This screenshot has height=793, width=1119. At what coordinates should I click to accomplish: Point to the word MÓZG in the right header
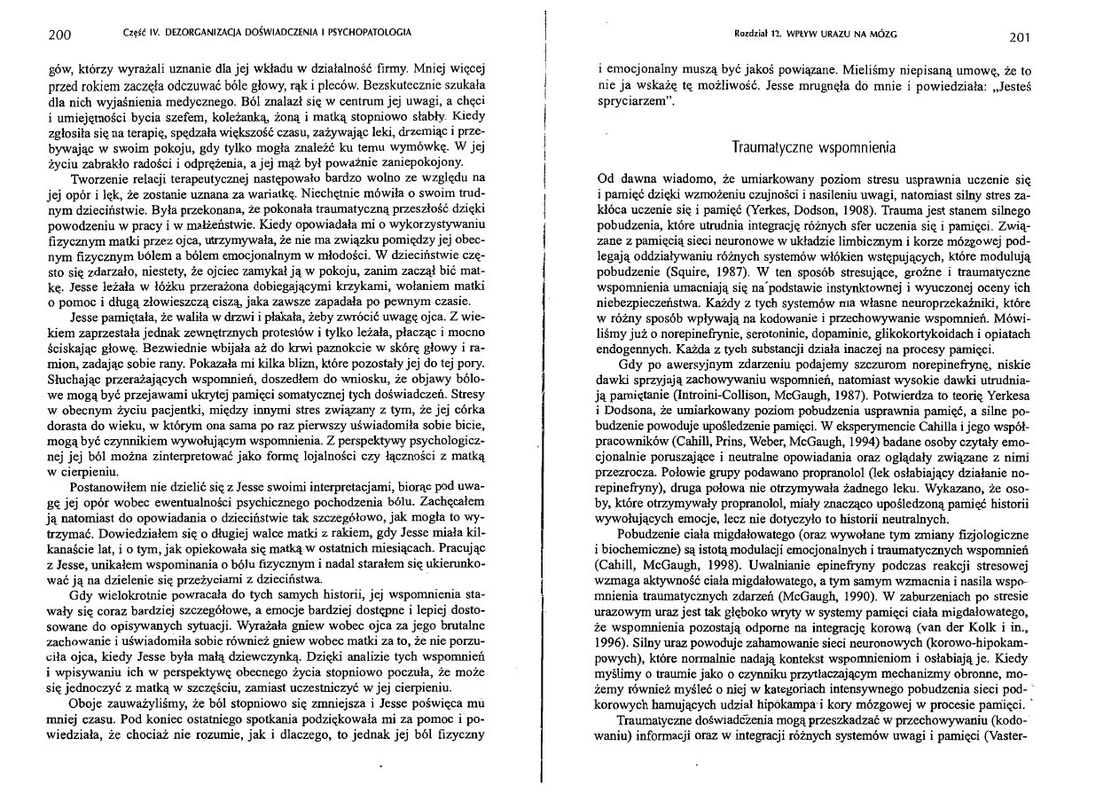[883, 34]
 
